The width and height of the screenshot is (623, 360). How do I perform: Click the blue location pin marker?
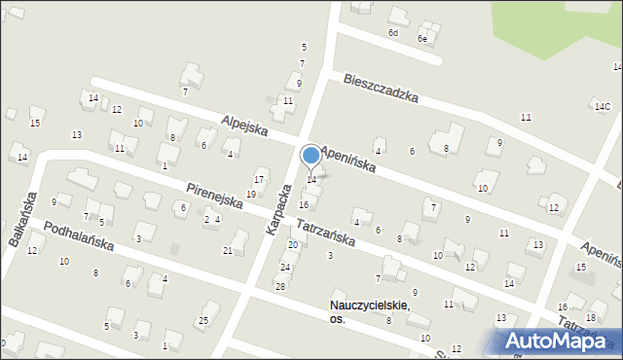tap(311, 156)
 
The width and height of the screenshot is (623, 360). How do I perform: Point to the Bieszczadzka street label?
tap(381, 88)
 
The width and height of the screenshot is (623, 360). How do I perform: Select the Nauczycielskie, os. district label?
tap(370, 311)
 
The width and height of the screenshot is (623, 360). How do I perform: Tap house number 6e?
tap(422, 39)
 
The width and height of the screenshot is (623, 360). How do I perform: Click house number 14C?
tap(603, 106)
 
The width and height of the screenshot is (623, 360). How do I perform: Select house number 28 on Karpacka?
tap(279, 286)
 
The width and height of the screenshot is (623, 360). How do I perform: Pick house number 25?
tap(203, 321)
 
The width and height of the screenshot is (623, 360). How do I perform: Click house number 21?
tap(228, 251)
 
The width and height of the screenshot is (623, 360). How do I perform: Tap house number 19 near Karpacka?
tap(251, 195)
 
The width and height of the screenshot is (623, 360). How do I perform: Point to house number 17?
tap(259, 180)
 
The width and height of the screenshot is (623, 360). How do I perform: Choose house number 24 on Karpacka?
tap(285, 267)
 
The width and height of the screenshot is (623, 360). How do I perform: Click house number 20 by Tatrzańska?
tap(292, 244)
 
